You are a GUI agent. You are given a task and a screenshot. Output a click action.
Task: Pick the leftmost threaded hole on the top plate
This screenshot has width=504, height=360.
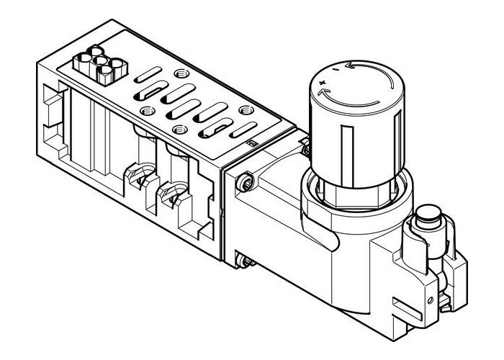coord(148,111)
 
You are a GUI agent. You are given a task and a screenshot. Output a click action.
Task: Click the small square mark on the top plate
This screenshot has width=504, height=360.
coord(252,145)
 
